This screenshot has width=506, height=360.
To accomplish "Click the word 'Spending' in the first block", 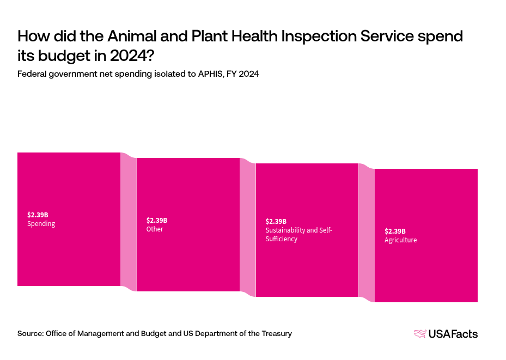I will (41, 224).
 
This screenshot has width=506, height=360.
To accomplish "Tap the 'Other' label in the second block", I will (155, 229).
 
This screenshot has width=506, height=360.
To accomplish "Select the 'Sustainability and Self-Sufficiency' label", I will (298, 234).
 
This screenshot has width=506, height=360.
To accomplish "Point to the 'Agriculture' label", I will (400, 240).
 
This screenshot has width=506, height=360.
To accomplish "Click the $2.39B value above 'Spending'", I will (38, 215).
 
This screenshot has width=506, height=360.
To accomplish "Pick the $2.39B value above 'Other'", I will (157, 221).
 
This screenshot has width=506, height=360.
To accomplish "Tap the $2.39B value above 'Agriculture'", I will (395, 231).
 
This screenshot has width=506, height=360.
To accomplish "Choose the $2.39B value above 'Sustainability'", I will (276, 222).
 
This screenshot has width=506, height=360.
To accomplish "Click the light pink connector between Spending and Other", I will (128, 222).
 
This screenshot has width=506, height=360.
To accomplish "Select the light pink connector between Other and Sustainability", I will (247, 228).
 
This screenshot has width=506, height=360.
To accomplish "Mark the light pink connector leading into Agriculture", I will (367, 233).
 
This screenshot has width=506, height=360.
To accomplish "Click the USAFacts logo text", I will (453, 334).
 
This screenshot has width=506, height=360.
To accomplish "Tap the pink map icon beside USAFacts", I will (420, 334).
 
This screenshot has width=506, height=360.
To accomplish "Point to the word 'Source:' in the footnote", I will (30, 333).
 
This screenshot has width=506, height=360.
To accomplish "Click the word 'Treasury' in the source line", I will (276, 333).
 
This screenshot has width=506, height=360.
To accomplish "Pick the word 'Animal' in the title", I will (129, 36).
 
